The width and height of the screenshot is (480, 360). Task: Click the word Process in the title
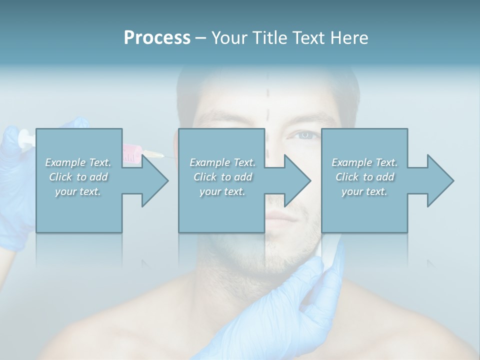(x=157, y=38)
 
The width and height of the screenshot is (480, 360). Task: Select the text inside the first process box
(x=78, y=177)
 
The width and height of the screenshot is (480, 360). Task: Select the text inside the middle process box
(x=222, y=177)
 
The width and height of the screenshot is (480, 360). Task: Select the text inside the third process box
(x=364, y=177)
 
